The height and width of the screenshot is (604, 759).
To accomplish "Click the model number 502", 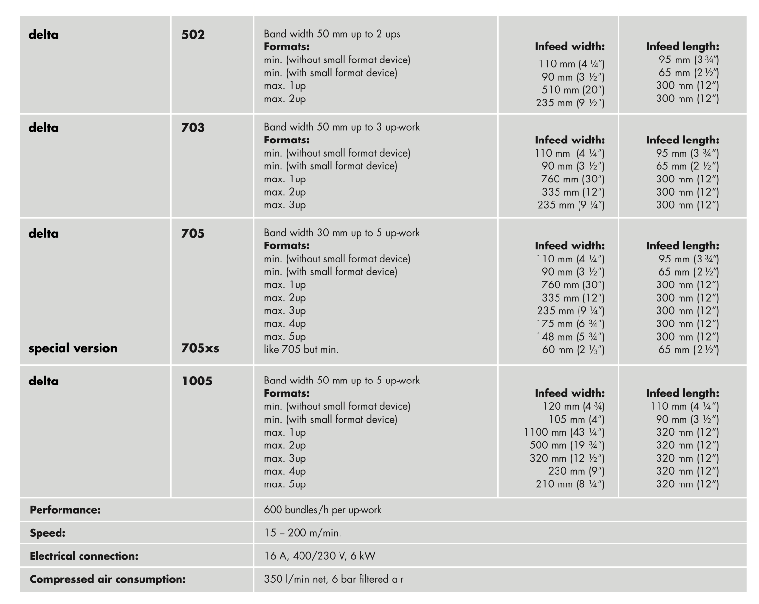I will tap(193, 35).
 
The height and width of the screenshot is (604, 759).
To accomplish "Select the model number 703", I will tap(193, 128).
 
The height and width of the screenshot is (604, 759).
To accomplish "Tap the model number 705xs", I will tap(200, 348).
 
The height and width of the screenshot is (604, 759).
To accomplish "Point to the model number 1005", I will tap(197, 381).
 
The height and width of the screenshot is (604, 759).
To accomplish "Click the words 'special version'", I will tap(73, 348).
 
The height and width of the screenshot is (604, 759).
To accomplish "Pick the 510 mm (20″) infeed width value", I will tap(573, 90).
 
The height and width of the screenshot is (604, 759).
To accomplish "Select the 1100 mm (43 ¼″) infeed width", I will tap(564, 432).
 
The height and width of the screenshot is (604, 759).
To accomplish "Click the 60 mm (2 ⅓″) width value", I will tap(573, 350).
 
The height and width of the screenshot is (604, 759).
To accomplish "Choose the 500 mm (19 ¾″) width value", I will tap(567, 445).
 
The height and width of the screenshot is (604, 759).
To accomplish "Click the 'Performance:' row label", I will tap(65, 510).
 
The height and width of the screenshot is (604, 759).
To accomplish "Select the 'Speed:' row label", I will tap(48, 533).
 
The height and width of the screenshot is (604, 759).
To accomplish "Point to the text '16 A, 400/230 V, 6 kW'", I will tap(320, 556).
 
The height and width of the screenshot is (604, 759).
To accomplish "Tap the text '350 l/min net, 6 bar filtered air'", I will tap(334, 579).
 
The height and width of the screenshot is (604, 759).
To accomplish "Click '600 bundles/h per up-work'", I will tap(322, 510).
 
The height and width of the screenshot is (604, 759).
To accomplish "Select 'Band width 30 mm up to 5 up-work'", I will tap(341, 233).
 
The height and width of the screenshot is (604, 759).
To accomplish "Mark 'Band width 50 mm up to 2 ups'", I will tap(332, 34).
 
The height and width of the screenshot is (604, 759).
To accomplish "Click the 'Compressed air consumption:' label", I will tap(108, 579).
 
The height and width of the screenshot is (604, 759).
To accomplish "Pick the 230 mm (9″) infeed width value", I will tap(576, 471).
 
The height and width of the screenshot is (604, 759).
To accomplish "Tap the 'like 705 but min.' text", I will tap(301, 349).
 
